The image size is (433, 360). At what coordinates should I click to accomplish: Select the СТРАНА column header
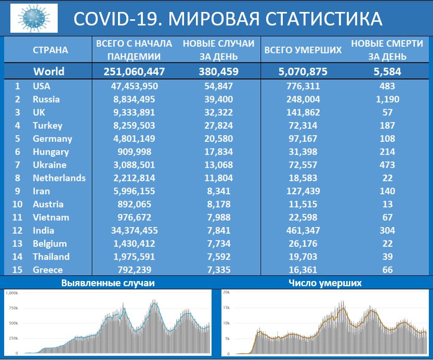coord(50,50)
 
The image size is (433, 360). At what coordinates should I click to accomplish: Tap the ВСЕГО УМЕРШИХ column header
coord(303,50)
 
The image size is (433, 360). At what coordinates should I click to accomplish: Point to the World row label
coord(49,72)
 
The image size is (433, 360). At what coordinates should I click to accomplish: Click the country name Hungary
coord(50,152)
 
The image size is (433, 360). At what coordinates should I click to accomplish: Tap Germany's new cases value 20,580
coord(218,139)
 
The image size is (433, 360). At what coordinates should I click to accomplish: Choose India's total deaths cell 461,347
coord(303,230)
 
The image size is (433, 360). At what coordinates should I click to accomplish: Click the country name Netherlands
coord(59,178)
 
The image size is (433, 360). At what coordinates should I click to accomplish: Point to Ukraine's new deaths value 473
coord(387,165)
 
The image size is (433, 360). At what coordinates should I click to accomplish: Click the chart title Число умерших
coord(324,283)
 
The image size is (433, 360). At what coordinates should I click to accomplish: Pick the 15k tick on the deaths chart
coord(226,308)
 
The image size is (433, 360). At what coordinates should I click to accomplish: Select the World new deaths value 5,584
coord(387,72)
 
